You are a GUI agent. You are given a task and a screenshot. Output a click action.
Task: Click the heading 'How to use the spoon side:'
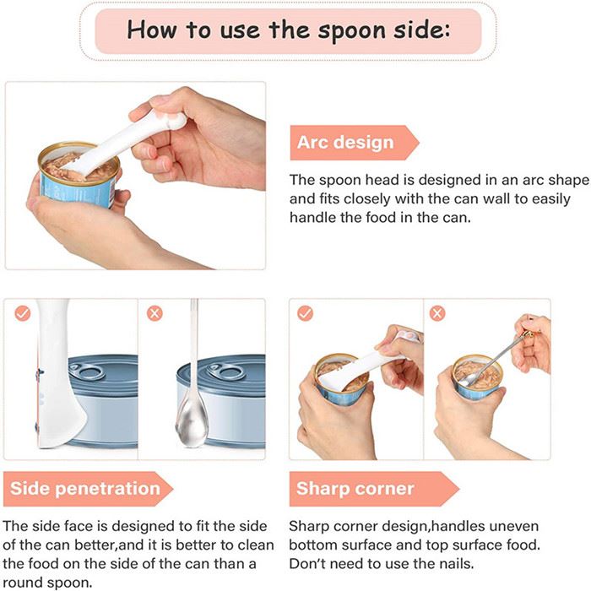(290, 30)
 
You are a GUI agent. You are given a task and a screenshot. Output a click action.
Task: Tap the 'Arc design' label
(344, 142)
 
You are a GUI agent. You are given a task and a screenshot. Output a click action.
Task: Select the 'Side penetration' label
(84, 488)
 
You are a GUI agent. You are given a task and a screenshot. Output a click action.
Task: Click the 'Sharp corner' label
(355, 488)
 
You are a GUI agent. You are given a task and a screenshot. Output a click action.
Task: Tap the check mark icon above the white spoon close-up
(23, 313)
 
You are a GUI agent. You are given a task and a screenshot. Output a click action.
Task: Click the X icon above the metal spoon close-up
(155, 313)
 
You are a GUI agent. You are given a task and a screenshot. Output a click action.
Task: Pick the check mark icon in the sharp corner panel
(305, 313)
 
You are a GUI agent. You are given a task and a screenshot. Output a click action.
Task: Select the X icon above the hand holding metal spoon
(436, 313)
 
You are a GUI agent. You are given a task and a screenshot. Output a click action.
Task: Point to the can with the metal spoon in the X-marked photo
(478, 380)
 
